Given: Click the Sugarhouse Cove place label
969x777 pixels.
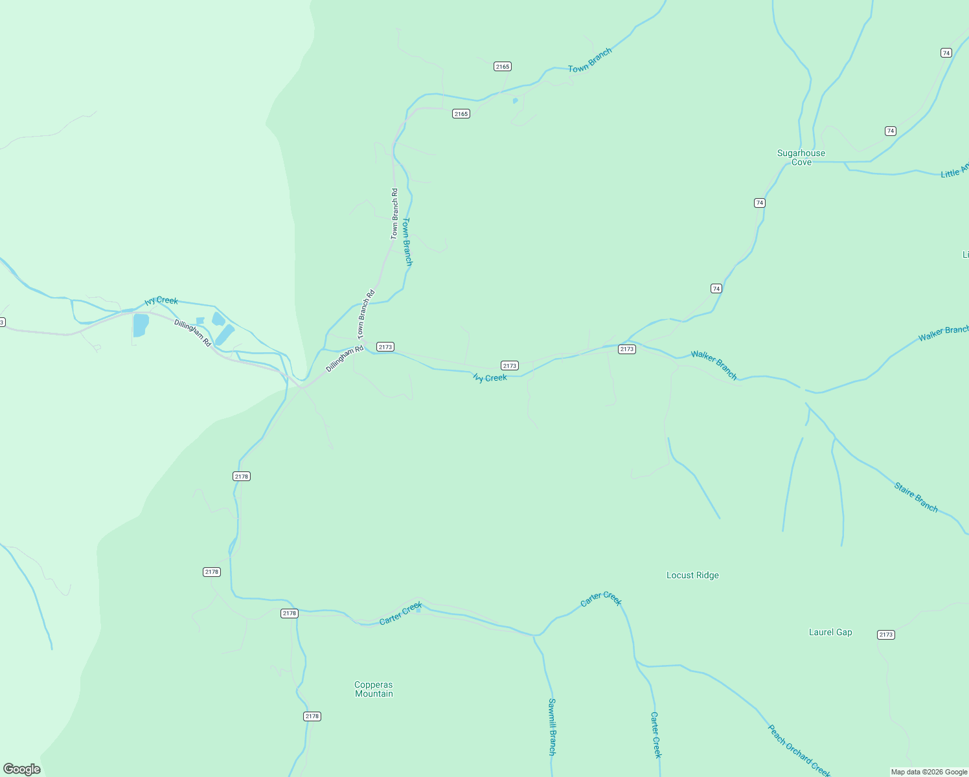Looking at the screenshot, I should [801, 157].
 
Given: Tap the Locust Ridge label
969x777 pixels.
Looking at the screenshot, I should [692, 575].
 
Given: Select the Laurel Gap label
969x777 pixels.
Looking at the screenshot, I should [830, 632].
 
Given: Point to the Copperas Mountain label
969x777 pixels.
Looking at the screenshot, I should [374, 689].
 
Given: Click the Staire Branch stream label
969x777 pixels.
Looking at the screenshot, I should [916, 497].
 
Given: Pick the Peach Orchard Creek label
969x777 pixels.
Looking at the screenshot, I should [799, 750].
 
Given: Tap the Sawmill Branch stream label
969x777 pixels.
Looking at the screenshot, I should [552, 726].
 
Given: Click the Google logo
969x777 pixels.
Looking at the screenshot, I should [22, 769].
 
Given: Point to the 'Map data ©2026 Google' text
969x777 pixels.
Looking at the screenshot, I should [929, 772].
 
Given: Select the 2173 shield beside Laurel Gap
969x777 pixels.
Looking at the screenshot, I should [886, 635].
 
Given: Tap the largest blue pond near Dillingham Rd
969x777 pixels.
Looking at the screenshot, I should [141, 325].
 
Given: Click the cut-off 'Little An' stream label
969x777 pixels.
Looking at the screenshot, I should [954, 170].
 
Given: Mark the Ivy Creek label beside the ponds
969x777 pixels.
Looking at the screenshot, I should [161, 300].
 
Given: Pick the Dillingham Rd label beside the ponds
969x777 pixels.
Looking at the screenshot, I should [192, 333].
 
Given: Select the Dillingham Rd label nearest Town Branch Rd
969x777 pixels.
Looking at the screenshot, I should [345, 359].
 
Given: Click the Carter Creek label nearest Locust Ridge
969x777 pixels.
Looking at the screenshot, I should [600, 599].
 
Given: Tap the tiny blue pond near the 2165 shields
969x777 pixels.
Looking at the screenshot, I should [515, 100].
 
